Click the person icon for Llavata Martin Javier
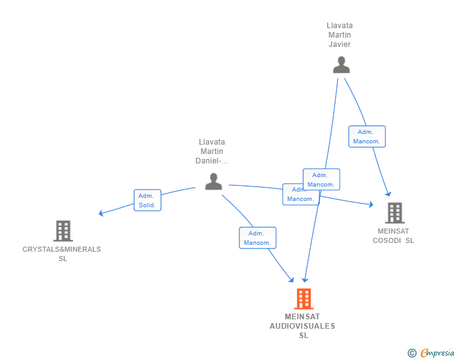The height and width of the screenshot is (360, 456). pos(341,65)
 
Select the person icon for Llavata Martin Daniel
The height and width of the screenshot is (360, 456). pos(214,182)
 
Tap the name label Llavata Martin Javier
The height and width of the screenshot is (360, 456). pos(339,35)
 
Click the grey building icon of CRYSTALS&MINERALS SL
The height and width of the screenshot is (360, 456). pos(63,231)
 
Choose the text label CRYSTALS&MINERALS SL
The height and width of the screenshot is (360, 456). pos(62,254)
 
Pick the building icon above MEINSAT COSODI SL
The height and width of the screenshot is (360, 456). pos(395,213)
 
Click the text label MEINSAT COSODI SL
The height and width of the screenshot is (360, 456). pos(393,235)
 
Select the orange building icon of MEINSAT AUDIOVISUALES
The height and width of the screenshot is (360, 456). pos(304,299)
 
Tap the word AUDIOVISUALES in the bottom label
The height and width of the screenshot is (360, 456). pos(303,326)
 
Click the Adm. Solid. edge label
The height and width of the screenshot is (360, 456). pos(147,200)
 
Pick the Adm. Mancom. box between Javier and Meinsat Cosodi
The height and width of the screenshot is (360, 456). pos(366,136)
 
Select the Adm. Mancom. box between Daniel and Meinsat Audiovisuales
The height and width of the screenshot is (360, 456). pos(257,238)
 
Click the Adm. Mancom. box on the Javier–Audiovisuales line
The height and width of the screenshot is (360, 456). pos(321,180)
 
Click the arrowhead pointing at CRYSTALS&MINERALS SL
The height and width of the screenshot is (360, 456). pos(101,213)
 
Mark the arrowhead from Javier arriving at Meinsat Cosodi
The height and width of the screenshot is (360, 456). pos(388,194)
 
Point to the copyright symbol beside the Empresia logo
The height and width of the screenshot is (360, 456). pos(412,353)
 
